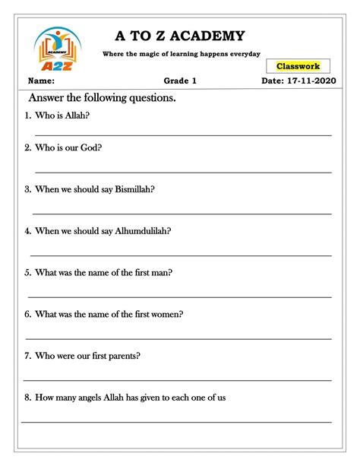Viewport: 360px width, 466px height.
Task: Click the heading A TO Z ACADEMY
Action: coord(180,36)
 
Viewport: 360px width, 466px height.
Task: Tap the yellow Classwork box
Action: coord(303,67)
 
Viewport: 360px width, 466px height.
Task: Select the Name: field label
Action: coord(41,81)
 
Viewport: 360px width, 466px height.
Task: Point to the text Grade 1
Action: coord(180,81)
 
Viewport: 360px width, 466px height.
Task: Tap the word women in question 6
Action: coord(166,314)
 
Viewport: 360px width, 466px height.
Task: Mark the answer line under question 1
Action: coord(183,135)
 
